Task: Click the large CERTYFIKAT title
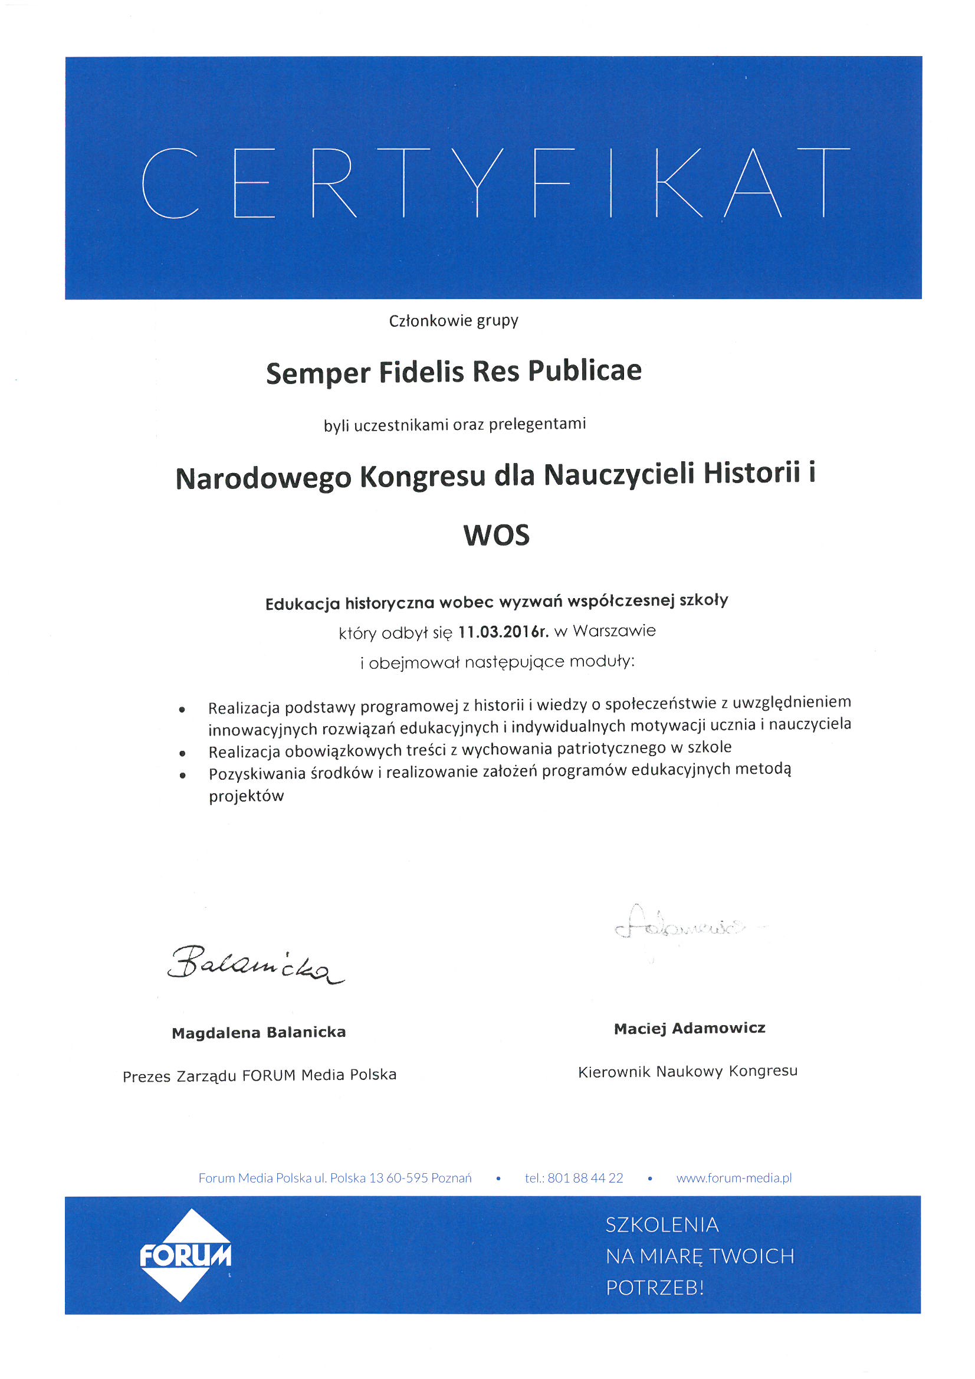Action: (x=495, y=183)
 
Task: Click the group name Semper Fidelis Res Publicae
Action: (x=454, y=372)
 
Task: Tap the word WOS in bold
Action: (x=496, y=535)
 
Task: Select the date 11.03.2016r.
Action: (x=503, y=632)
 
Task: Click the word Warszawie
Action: (x=614, y=631)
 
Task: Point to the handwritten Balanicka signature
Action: (x=255, y=964)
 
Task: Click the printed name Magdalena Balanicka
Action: (x=258, y=1032)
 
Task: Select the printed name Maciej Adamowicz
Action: (x=689, y=1028)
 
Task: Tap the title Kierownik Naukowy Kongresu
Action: (x=687, y=1071)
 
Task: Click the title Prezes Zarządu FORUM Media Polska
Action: (x=260, y=1075)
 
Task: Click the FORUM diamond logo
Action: (x=186, y=1255)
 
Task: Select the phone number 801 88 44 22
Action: (x=585, y=1178)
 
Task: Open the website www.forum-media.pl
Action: (x=734, y=1178)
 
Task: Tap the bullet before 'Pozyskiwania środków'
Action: (x=182, y=776)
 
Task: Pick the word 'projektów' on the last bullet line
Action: (x=247, y=796)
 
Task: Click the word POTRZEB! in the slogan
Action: (x=654, y=1287)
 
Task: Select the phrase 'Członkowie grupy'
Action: (x=453, y=321)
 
